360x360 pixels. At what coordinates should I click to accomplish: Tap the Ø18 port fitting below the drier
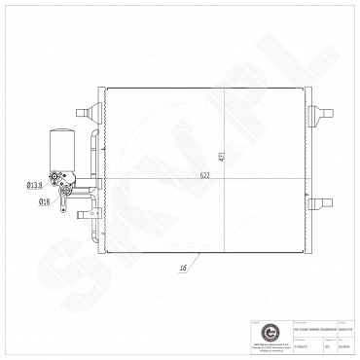(68, 197)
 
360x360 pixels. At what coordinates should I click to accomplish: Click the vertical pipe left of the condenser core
(95, 156)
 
